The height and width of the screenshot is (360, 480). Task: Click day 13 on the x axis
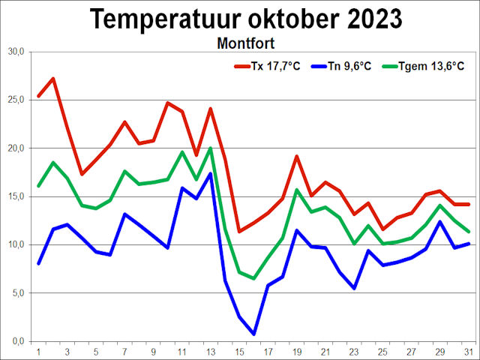pos(211,351)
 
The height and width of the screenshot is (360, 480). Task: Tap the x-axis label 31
pos(469,351)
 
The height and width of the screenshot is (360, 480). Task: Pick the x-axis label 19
pos(297,351)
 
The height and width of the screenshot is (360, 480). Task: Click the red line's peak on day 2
pos(52,79)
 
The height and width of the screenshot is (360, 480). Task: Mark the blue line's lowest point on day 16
pos(254,334)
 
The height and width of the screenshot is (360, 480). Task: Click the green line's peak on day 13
pos(211,148)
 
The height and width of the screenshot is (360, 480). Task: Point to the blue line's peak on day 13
pos(211,173)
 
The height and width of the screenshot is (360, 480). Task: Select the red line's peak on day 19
pos(297,156)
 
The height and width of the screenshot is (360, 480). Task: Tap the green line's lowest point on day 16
pos(254,278)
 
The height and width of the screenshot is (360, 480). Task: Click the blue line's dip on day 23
pos(354,288)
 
